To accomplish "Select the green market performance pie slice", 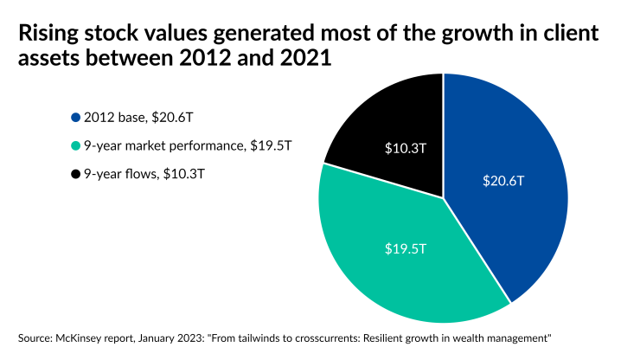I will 389,260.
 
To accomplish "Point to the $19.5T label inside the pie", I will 404,248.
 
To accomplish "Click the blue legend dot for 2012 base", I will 76,118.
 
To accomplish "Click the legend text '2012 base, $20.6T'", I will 133,118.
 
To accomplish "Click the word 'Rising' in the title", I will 48,34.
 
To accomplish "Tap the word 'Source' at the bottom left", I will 33,336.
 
